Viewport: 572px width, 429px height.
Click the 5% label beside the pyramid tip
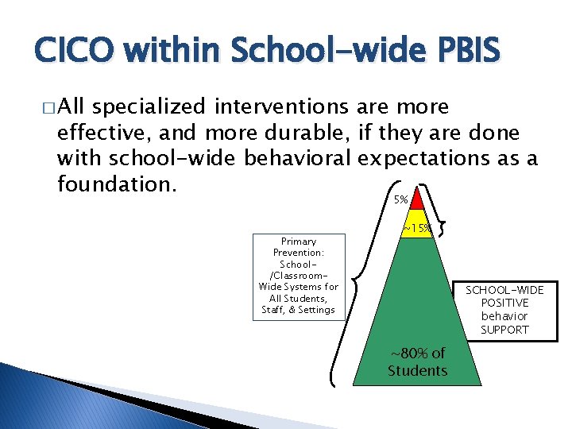coord(401,200)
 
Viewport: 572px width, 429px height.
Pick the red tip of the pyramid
coord(418,199)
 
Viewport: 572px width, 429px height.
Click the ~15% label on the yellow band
coord(417,229)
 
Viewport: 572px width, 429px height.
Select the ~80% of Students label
coord(417,361)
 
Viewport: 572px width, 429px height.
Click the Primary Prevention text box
coord(299,276)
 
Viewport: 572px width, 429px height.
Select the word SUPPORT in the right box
coord(504,329)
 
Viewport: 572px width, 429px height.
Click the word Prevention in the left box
coord(299,253)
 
